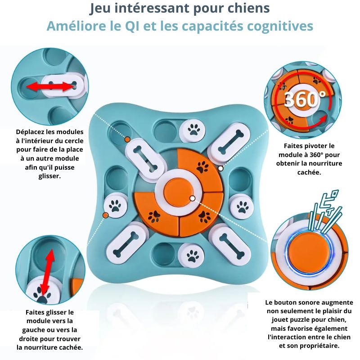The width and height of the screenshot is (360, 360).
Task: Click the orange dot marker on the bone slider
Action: coord(128,140)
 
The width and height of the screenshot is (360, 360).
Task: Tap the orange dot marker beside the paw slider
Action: coord(105,216)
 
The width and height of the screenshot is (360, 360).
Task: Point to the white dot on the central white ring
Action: coord(193,198)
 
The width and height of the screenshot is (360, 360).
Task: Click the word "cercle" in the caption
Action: coord(73,141)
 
